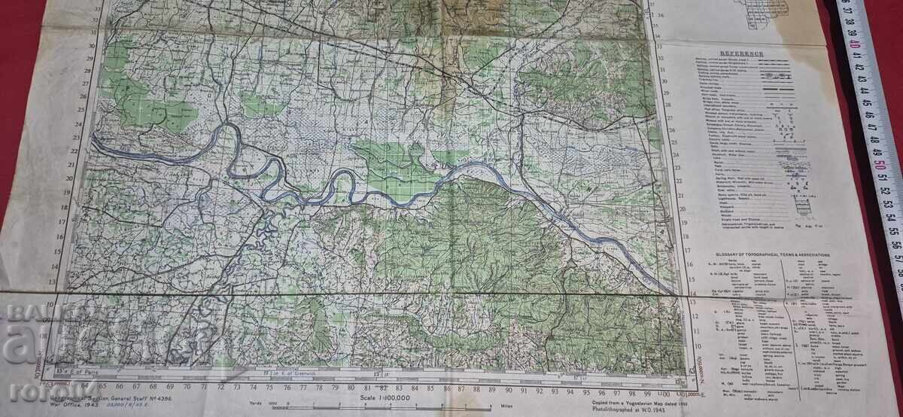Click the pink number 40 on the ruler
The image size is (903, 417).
click(856, 44)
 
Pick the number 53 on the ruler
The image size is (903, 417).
click(886, 203)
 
